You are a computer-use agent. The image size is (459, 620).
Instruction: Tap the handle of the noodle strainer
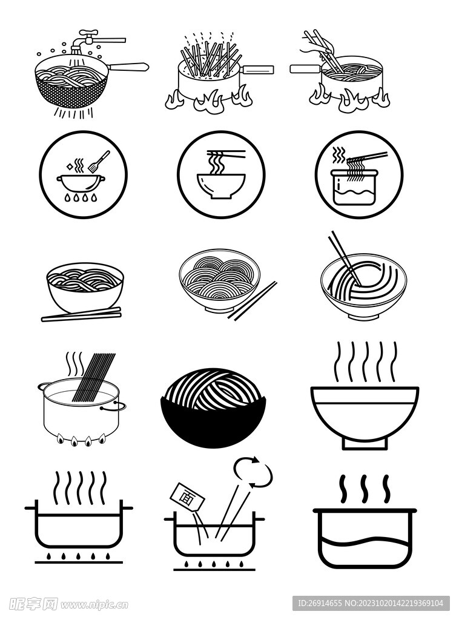coord(128,67)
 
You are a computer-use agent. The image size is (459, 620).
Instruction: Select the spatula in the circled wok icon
coord(99,161)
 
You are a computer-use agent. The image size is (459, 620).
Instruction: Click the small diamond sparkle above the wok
coord(71,167)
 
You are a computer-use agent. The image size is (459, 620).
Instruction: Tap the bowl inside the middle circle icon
coord(221,186)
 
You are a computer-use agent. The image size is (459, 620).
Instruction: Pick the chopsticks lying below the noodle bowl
coord(81,315)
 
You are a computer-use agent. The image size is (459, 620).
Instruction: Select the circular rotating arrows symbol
coord(253,471)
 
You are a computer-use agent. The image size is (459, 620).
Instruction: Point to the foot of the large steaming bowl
coord(365,444)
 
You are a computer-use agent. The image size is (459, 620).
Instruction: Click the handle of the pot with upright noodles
coord(257,70)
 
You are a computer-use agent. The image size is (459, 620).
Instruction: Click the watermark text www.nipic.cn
coord(94,605)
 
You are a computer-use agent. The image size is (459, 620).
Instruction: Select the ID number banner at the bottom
coord(371,604)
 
